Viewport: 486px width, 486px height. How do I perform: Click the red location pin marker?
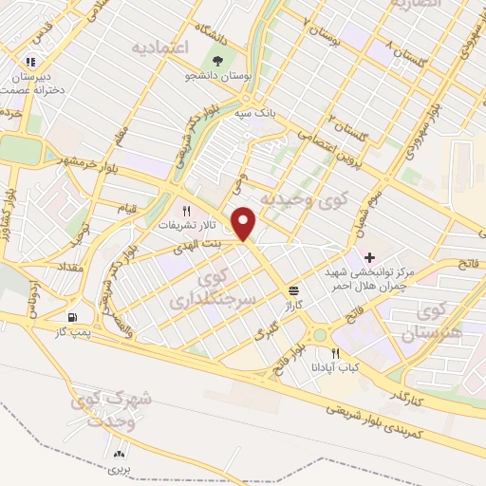(245, 224)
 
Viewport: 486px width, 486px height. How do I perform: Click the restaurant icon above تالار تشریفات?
(187, 211)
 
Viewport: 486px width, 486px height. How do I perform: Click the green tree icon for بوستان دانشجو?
(219, 60)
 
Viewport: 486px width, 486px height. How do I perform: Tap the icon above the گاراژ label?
(295, 291)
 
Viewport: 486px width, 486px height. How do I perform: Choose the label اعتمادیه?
(160, 46)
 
